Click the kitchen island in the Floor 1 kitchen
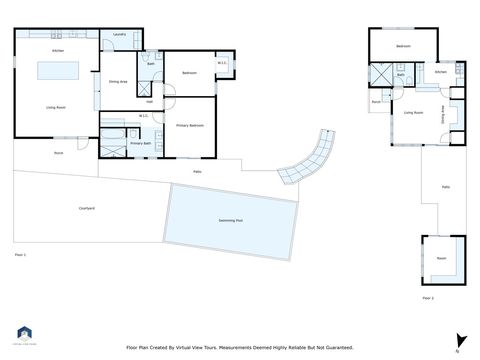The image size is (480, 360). coord(57,71)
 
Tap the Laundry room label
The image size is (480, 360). coord(119,34)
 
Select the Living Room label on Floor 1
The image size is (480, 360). coord(56,106)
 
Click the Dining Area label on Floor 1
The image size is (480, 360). coord(117,81)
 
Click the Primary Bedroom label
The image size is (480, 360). coord(190,125)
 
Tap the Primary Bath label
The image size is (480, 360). coord(139,144)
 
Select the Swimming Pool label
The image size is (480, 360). coord(232,220)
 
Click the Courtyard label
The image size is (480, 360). coord(87,208)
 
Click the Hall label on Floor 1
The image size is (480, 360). coord(149,101)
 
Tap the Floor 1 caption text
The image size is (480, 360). coord(20,255)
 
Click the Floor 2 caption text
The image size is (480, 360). coord(428,298)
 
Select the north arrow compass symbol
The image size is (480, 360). coord(460,340)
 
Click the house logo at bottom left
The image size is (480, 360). coord(25,334)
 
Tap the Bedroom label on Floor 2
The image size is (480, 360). coord(403,47)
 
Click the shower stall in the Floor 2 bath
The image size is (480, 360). coord(380,76)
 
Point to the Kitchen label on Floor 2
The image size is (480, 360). coord(441,72)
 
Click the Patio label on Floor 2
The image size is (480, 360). coord(445,187)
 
